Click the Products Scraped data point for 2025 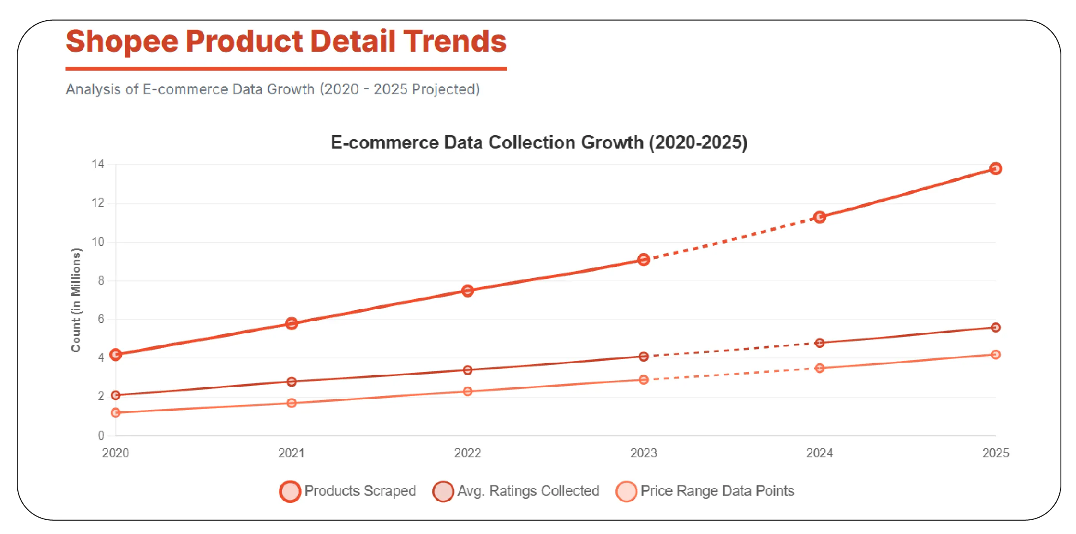(995, 168)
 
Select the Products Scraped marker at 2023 (643, 260)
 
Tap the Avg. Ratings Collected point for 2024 (820, 343)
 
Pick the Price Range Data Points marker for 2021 (292, 403)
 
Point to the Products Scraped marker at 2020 (115, 354)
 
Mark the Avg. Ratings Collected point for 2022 (468, 370)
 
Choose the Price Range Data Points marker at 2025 (995, 354)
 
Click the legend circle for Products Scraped (290, 491)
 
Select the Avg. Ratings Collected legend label (528, 491)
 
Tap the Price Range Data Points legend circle (626, 491)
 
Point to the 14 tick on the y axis (98, 164)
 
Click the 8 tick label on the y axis (101, 281)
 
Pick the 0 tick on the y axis (101, 435)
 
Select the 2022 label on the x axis (468, 453)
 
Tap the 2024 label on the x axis (820, 453)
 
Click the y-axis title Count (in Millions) (76, 300)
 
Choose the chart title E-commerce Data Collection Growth (539, 143)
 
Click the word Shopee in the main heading (122, 42)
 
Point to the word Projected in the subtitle (445, 89)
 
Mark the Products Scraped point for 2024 (820, 217)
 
